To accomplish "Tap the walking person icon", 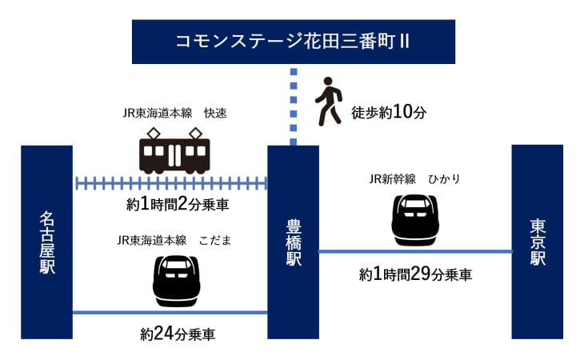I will pos(326,101).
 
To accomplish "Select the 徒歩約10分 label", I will pos(388,112).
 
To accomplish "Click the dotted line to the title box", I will pos(293,105).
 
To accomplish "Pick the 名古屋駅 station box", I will pos(46,242).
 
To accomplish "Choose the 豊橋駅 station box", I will pos(293,242).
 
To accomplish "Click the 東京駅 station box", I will pos(537,242).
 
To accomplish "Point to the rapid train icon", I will pos(174,153).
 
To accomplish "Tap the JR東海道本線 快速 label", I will pos(174,113).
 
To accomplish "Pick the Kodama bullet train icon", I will pos(176,280).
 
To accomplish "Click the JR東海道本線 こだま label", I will pos(174,240).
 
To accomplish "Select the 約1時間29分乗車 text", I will pos(415,274).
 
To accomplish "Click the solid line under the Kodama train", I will pos(170,312).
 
